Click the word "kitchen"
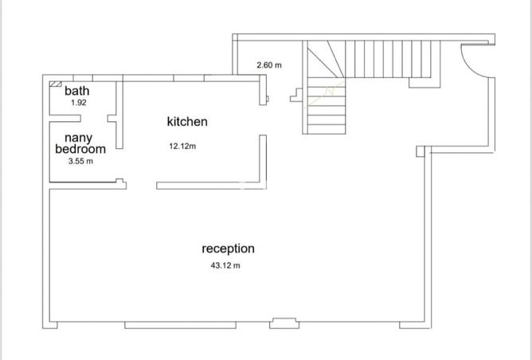pos(187,122)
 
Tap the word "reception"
pos(228,248)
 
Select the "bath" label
pos(77,91)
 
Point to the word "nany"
pos(78,139)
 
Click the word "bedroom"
pos(80,149)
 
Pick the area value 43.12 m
pos(225,265)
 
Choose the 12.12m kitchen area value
pos(182,147)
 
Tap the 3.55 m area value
pos(80,161)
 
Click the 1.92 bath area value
pos(79,103)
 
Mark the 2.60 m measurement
pos(269,65)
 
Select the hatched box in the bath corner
pos(55,84)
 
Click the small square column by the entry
pos(421,151)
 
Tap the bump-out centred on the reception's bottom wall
pos(284,323)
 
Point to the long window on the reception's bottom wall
pos(180,325)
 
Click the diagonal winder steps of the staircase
pos(326,59)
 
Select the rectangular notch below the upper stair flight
pos(424,83)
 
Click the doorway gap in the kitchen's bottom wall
pos(142,186)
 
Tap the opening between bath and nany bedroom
pos(94,119)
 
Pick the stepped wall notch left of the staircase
pos(296,95)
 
